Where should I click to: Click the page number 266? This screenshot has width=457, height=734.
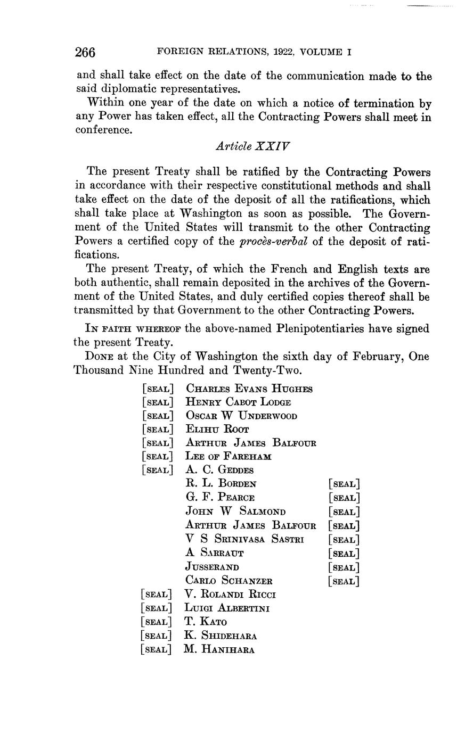pyautogui.click(x=85, y=52)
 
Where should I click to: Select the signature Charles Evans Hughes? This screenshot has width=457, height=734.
pyautogui.click(x=249, y=389)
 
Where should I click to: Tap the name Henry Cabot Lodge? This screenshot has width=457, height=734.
pyautogui.click(x=238, y=402)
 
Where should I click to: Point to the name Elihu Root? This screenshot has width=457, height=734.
pyautogui.click(x=217, y=429)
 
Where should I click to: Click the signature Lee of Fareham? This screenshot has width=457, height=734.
pyautogui.click(x=228, y=456)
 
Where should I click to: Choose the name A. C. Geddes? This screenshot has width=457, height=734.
pyautogui.click(x=219, y=470)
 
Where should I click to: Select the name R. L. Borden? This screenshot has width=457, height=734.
pyautogui.click(x=221, y=484)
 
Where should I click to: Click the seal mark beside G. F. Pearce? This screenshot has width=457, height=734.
pyautogui.click(x=344, y=498)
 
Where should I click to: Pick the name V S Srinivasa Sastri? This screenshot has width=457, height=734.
pyautogui.click(x=244, y=539)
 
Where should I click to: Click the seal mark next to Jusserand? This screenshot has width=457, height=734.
pyautogui.click(x=344, y=567)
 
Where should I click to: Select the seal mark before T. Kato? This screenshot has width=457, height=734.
pyautogui.click(x=157, y=622)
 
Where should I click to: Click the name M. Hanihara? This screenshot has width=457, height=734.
pyautogui.click(x=219, y=649)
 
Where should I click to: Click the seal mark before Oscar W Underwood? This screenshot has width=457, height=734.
pyautogui.click(x=158, y=416)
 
